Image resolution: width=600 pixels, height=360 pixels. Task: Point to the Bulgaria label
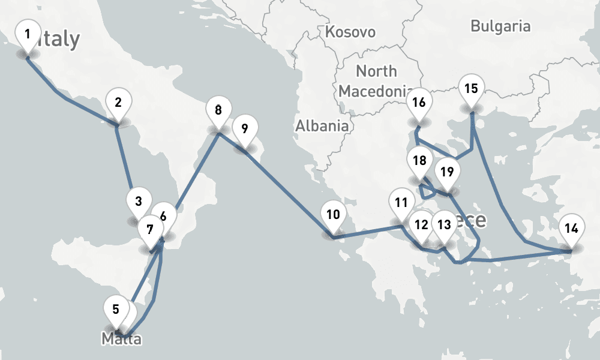click(500, 26)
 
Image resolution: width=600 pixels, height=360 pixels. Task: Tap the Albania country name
click(322, 126)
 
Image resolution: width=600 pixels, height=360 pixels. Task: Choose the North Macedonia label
click(376, 80)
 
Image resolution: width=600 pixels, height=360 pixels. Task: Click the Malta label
click(121, 340)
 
